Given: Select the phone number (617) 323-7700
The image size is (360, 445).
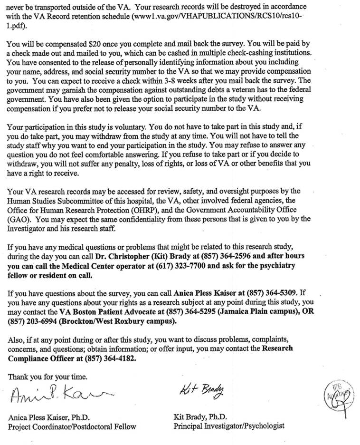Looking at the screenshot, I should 178,266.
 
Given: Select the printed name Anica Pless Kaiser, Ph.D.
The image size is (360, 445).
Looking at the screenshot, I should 49,418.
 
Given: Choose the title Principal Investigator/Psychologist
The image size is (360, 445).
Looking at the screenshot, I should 229,426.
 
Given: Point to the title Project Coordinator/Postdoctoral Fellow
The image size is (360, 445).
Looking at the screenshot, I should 72,426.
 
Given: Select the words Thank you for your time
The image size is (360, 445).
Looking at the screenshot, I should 47,377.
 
